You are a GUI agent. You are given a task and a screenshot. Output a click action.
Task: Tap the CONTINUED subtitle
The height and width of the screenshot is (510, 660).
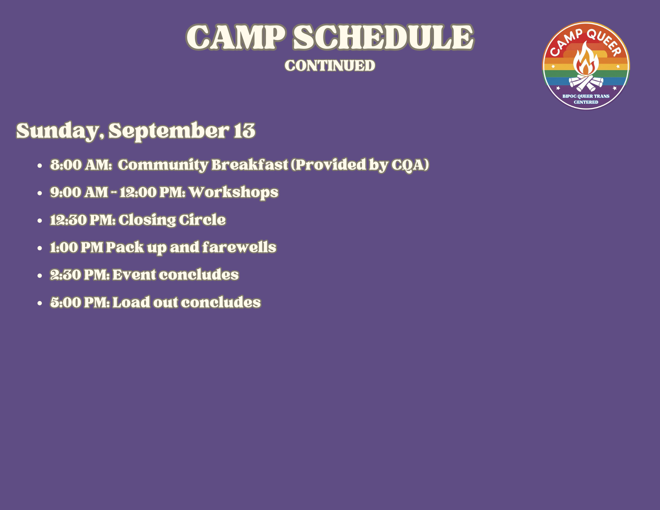[330, 66]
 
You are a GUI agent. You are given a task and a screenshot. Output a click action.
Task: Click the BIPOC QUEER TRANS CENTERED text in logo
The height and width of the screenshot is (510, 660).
[586, 99]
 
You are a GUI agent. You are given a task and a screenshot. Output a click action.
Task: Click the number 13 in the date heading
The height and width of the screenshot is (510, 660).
[245, 131]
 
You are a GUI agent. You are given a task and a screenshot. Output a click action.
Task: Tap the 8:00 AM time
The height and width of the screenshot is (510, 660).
[81, 165]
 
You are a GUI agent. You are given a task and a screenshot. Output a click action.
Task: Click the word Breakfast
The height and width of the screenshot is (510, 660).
[249, 165]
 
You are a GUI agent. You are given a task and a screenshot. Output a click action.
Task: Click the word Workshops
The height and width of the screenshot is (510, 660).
[233, 192]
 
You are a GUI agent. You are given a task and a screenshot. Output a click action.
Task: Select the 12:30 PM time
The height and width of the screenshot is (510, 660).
[82, 220]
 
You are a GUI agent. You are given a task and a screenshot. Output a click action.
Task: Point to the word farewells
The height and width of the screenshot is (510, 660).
[239, 247]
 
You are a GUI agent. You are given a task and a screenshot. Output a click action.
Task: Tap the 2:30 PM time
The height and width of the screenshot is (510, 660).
[80, 275]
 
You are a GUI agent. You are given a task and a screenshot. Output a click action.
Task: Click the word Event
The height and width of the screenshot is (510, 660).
[134, 275]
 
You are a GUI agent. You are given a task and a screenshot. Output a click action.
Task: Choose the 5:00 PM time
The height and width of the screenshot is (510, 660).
[80, 302]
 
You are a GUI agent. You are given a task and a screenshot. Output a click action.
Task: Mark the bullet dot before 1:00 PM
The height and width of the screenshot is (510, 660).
[40, 248]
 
